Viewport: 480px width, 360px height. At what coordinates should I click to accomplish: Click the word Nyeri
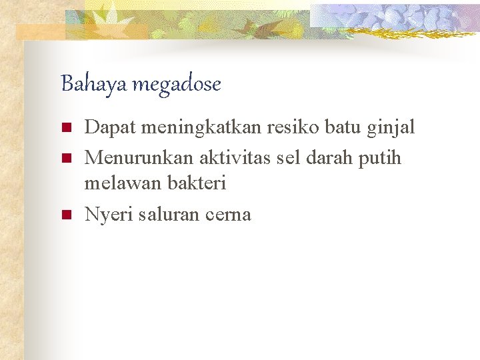tap(107, 215)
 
